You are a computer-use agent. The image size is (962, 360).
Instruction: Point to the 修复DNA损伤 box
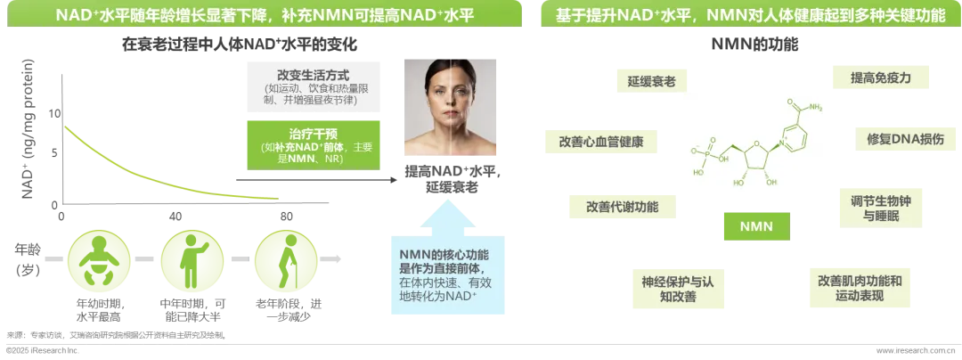coord(899,140)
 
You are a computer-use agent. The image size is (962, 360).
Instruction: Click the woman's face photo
coord(448,107)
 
